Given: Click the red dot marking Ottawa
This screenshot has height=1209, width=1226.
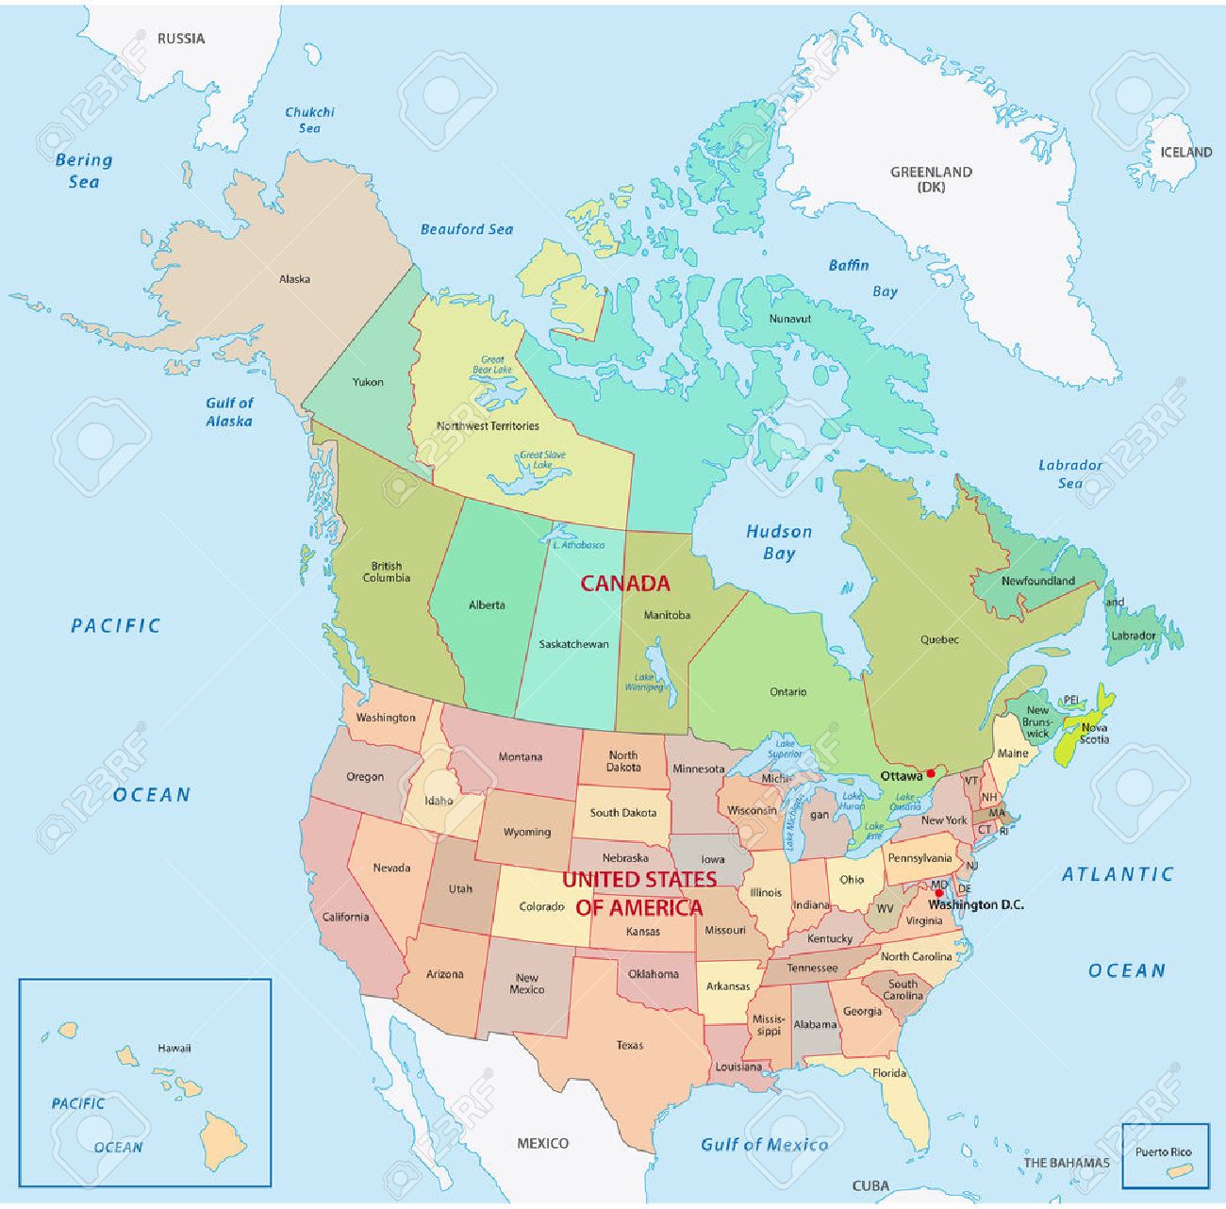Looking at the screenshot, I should coord(931,773).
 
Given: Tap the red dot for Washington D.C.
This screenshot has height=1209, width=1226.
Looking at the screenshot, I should coord(938,892).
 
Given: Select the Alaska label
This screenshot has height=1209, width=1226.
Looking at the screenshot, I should coord(294,279).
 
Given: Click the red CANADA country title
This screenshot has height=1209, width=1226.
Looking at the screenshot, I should coord(624,584).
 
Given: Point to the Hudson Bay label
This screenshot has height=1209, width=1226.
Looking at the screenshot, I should coord(779,542).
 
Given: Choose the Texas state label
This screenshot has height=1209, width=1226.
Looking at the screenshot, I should coord(630,1045).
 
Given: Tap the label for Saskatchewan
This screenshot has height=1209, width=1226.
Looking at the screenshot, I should coord(573,644).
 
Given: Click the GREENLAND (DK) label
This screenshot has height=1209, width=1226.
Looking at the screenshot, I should coord(931,179).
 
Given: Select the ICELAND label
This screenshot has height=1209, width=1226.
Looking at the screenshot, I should coord(1185,152).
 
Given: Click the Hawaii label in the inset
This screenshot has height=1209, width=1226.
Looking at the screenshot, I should coord(174,1048).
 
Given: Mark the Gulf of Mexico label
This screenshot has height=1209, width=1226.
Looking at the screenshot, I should coord(764,1145).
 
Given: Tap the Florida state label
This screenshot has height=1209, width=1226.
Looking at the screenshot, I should coord(888,1073).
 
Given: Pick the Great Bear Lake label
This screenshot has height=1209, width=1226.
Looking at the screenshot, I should coord(492,365).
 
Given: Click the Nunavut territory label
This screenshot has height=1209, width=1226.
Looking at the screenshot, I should coord(789,319).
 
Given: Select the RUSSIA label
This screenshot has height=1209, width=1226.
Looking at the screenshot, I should coord(181,39).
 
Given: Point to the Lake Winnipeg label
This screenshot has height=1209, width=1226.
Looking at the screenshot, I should coord(644,682).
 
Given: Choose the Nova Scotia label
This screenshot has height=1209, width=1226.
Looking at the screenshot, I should coord(1094,734).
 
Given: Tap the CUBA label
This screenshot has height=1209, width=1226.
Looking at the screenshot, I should coord(870,1185).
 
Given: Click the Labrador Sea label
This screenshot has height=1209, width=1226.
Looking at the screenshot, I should coord(1070,473).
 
